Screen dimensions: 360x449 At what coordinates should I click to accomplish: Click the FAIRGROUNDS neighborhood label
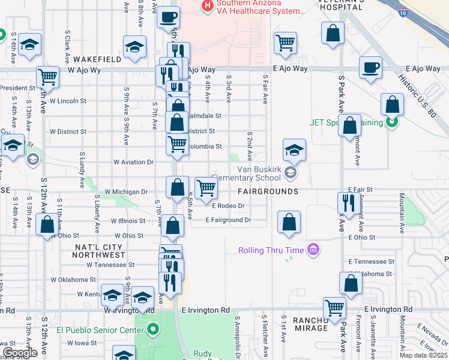click(x=268, y=191)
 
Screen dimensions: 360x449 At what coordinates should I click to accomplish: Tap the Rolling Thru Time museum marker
click(x=312, y=250)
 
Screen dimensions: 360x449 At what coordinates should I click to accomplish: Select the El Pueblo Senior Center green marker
click(x=153, y=329)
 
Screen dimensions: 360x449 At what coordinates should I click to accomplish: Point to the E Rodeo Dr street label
click(x=229, y=206)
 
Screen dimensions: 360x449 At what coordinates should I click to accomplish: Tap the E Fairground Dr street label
click(x=228, y=220)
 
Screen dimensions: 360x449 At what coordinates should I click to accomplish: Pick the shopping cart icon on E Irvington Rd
click(x=334, y=308)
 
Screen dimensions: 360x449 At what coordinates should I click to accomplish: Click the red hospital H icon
click(x=208, y=7)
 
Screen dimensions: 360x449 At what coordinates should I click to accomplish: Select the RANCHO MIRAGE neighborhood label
click(x=311, y=324)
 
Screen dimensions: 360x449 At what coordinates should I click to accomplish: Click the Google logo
click(x=19, y=353)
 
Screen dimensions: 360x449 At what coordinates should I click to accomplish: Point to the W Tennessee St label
click(x=110, y=264)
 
